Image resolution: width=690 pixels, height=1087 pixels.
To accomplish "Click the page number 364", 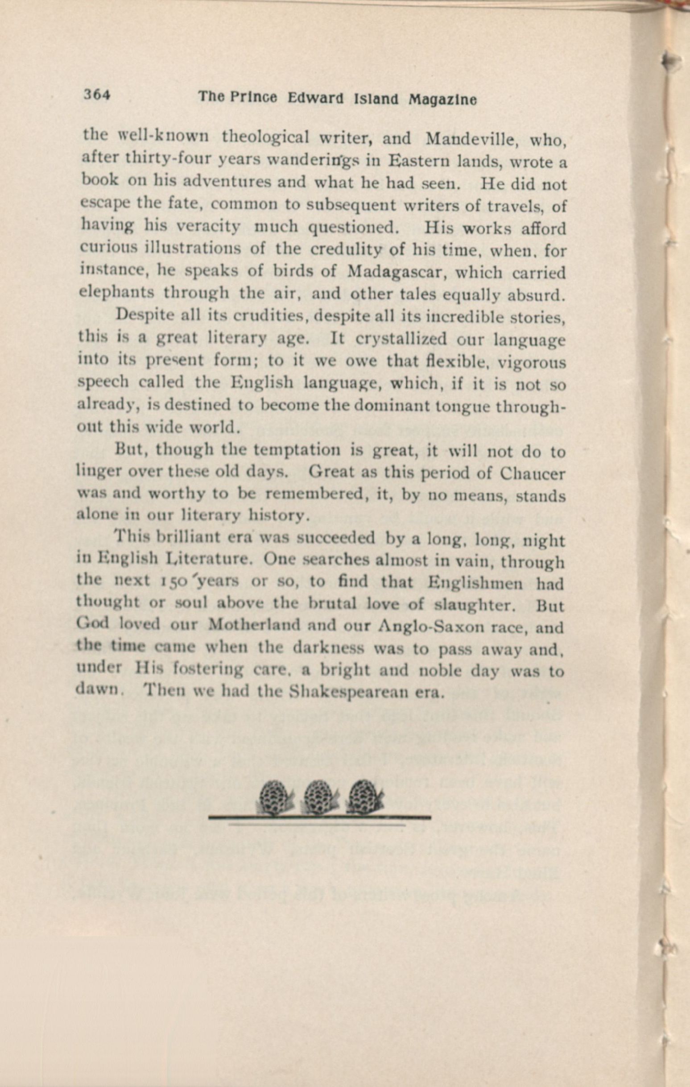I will click(97, 95).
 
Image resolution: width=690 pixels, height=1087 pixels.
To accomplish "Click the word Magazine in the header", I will click(442, 100).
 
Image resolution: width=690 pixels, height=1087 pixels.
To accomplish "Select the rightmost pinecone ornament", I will click(365, 801).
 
